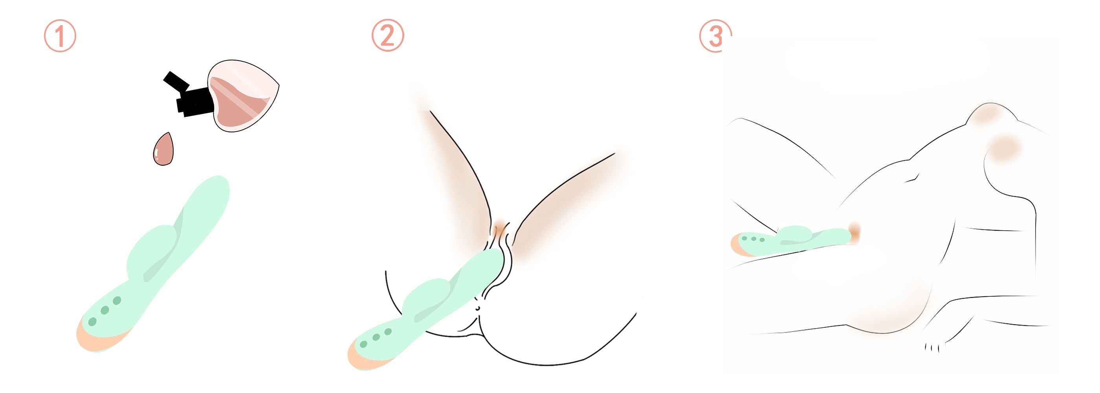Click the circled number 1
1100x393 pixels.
click(x=60, y=36)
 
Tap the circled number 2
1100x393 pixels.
click(x=387, y=35)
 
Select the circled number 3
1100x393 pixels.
click(x=715, y=36)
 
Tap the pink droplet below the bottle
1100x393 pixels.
click(x=163, y=149)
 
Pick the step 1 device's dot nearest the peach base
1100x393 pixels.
click(x=92, y=321)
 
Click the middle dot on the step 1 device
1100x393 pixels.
click(x=104, y=310)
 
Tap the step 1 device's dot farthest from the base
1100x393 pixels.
click(x=117, y=300)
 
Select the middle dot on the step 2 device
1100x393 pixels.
click(x=376, y=338)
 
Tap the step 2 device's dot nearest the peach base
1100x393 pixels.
click(x=364, y=344)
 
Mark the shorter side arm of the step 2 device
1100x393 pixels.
click(x=427, y=299)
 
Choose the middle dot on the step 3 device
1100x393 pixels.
click(x=753, y=239)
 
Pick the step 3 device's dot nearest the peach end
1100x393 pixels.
click(x=745, y=238)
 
